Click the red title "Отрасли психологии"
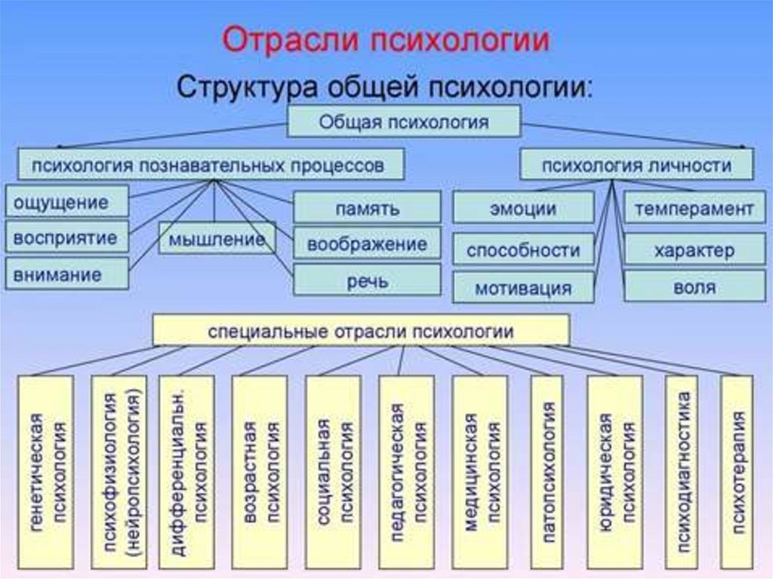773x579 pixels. [386, 40]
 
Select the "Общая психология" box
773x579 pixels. [404, 122]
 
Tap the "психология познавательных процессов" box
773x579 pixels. [211, 165]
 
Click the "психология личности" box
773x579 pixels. [637, 165]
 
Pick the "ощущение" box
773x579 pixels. [67, 202]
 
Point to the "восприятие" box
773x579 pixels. [67, 237]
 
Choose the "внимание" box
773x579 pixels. [67, 274]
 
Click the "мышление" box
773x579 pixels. [217, 239]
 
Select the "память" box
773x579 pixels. [368, 208]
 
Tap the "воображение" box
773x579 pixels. [368, 244]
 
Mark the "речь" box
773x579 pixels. [368, 280]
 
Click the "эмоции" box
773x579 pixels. [524, 208]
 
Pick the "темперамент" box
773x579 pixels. [694, 208]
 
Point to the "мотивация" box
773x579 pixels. [524, 287]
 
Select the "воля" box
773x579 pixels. [694, 286]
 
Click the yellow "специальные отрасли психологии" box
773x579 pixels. [362, 330]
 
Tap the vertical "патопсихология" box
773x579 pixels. [547, 473]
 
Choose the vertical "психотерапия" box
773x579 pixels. [737, 473]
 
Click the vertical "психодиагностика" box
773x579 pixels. [682, 473]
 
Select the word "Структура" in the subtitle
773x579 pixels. [249, 87]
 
